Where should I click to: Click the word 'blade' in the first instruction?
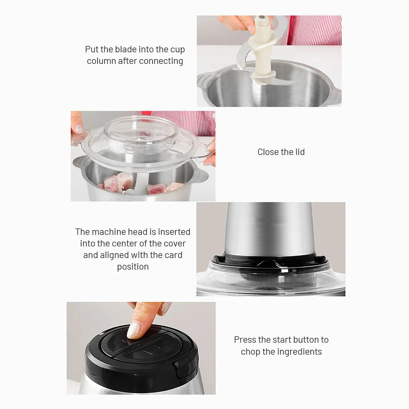tap(125, 50)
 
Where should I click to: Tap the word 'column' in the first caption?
tap(101, 61)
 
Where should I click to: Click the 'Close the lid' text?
tap(281, 152)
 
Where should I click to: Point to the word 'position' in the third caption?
tap(133, 266)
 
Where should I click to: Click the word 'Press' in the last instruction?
tap(245, 340)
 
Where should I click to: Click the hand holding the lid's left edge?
tap(77, 127)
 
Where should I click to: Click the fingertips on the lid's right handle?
tap(210, 152)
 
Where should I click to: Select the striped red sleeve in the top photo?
tap(316, 30)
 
